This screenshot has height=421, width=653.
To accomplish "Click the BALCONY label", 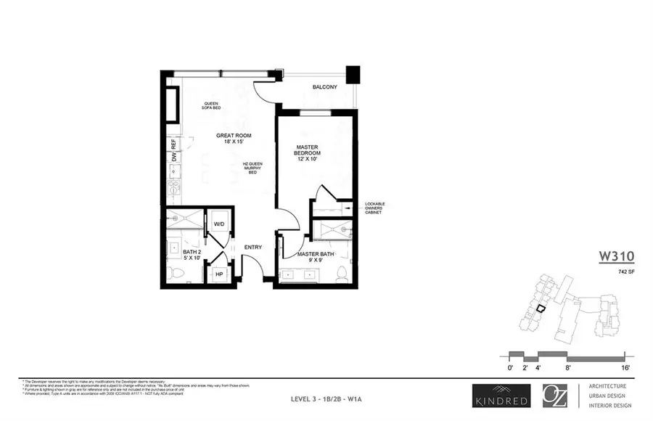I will pos(324,88).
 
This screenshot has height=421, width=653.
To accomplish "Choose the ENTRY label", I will pos(253,247).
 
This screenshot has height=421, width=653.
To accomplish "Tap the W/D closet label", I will pos(218,224).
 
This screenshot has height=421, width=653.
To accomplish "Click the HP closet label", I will pos(218,275).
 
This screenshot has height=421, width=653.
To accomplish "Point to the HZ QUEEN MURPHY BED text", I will pos(251,168).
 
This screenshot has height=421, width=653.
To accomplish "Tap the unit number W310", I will pos(617,256).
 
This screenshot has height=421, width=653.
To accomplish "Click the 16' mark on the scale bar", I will pos(624,369).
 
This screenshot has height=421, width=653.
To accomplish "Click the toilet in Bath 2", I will pos(174,274).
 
